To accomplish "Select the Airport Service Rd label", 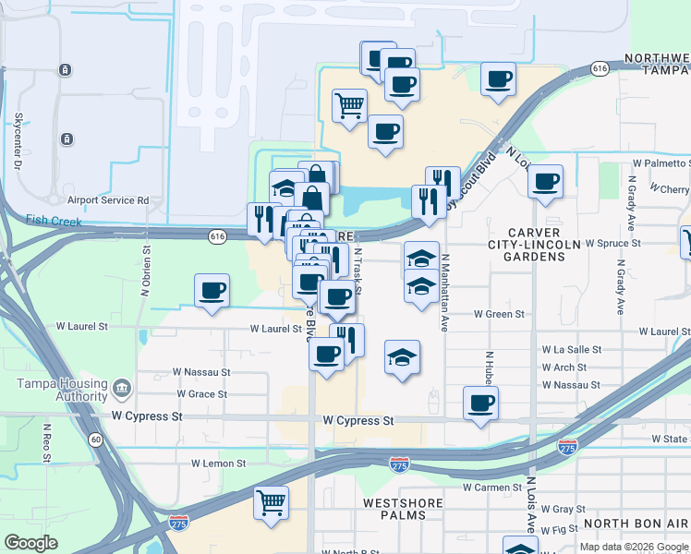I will click(108, 199).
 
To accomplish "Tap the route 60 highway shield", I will click(96, 440).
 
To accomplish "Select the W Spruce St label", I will click(613, 243).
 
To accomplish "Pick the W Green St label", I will click(499, 314).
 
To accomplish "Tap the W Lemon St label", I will click(219, 463).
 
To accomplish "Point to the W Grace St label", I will click(200, 394).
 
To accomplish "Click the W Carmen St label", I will click(492, 487).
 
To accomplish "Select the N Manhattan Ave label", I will click(444, 293).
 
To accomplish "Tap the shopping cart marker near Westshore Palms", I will click(270, 503).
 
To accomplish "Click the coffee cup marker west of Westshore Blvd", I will click(212, 291).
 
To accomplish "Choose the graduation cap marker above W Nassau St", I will click(402, 357).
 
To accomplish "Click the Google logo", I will click(31, 543).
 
